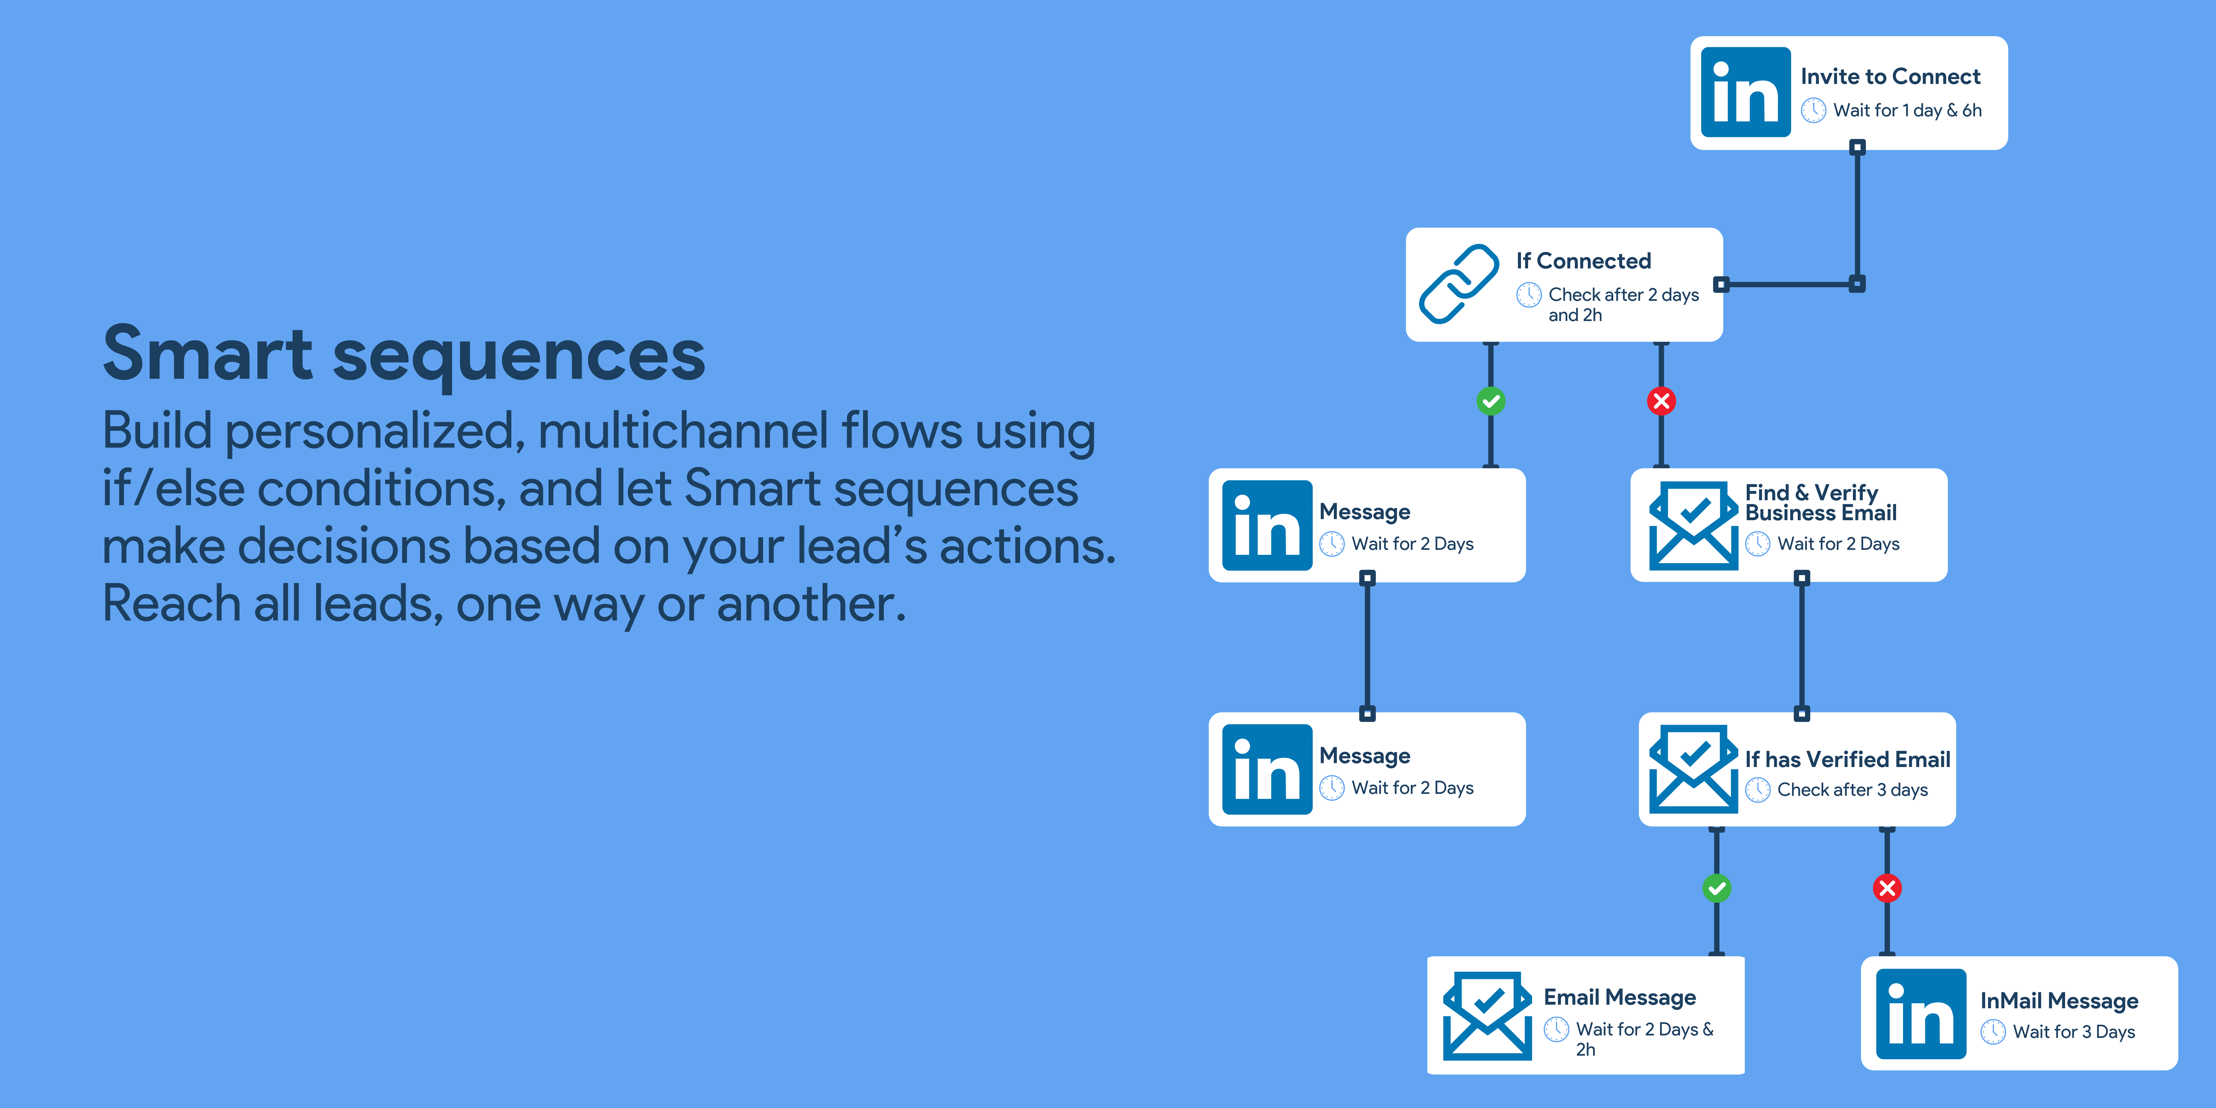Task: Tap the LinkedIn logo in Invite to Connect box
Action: pyautogui.click(x=1745, y=92)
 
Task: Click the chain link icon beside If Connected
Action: pyautogui.click(x=1459, y=284)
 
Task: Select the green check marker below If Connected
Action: pyautogui.click(x=1491, y=401)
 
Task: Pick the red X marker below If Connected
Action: pyautogui.click(x=1661, y=401)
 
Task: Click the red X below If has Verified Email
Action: pyautogui.click(x=1887, y=888)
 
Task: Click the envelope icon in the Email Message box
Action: pyautogui.click(x=1487, y=1016)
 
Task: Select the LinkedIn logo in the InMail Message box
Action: pyautogui.click(x=1921, y=1013)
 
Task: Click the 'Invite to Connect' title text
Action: pyautogui.click(x=1891, y=76)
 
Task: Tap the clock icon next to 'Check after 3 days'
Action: pyautogui.click(x=1758, y=790)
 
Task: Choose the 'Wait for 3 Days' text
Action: pyautogui.click(x=2074, y=1032)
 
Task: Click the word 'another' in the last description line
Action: pyautogui.click(x=811, y=604)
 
